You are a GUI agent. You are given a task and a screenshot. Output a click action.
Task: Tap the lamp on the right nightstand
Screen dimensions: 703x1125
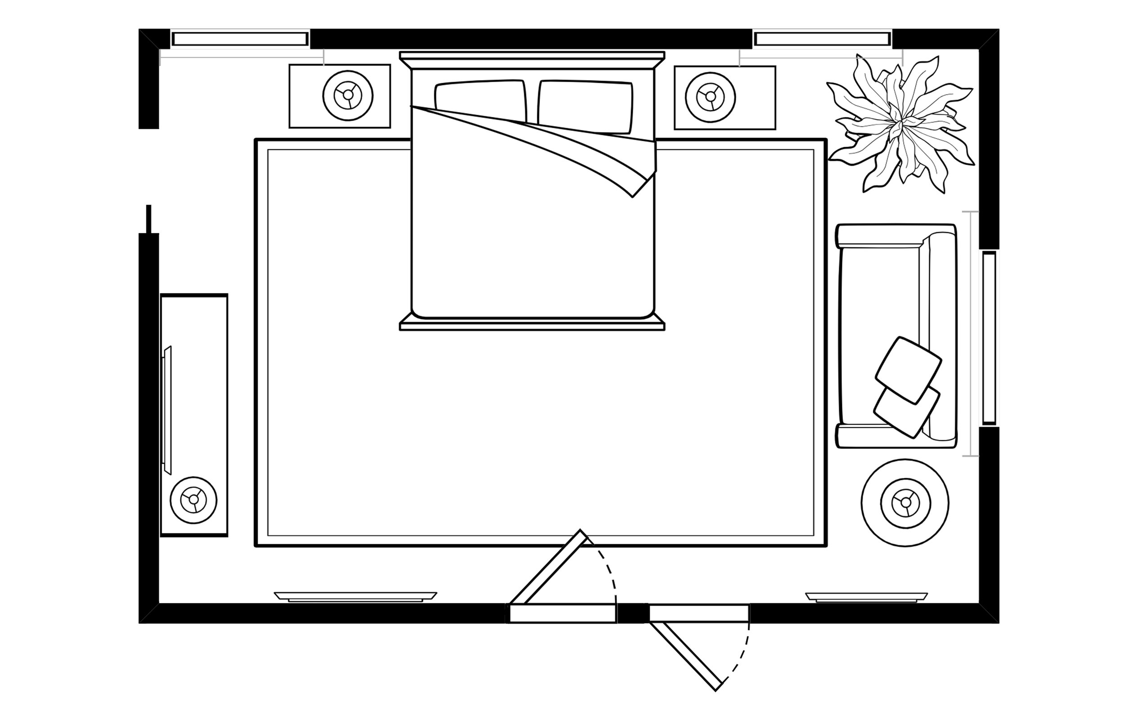pyautogui.click(x=710, y=97)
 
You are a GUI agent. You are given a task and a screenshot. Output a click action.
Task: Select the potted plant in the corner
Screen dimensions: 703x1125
pyautogui.click(x=900, y=123)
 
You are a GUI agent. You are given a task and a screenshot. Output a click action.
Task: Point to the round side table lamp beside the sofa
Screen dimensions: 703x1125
pyautogui.click(x=905, y=502)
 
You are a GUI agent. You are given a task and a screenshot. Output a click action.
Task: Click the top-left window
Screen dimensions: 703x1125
pyautogui.click(x=239, y=39)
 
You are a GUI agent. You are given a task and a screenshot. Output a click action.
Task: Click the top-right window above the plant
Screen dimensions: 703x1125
pyautogui.click(x=822, y=39)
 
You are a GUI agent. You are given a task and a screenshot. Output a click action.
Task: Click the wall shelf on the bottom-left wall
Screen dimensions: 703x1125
pyautogui.click(x=355, y=596)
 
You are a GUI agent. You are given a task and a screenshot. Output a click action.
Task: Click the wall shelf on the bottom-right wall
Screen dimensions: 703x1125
pyautogui.click(x=866, y=597)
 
